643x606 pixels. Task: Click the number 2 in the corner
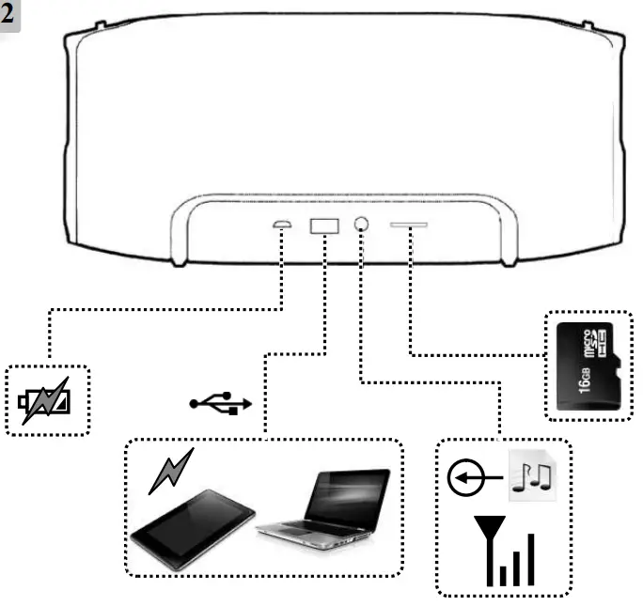pyautogui.click(x=10, y=15)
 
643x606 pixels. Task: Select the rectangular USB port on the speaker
pyautogui.click(x=323, y=225)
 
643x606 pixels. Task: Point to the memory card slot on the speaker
pyautogui.click(x=408, y=225)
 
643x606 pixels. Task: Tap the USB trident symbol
pyautogui.click(x=221, y=403)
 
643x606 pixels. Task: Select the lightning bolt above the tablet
pyautogui.click(x=171, y=471)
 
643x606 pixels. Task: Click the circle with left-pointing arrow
pyautogui.click(x=468, y=480)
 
